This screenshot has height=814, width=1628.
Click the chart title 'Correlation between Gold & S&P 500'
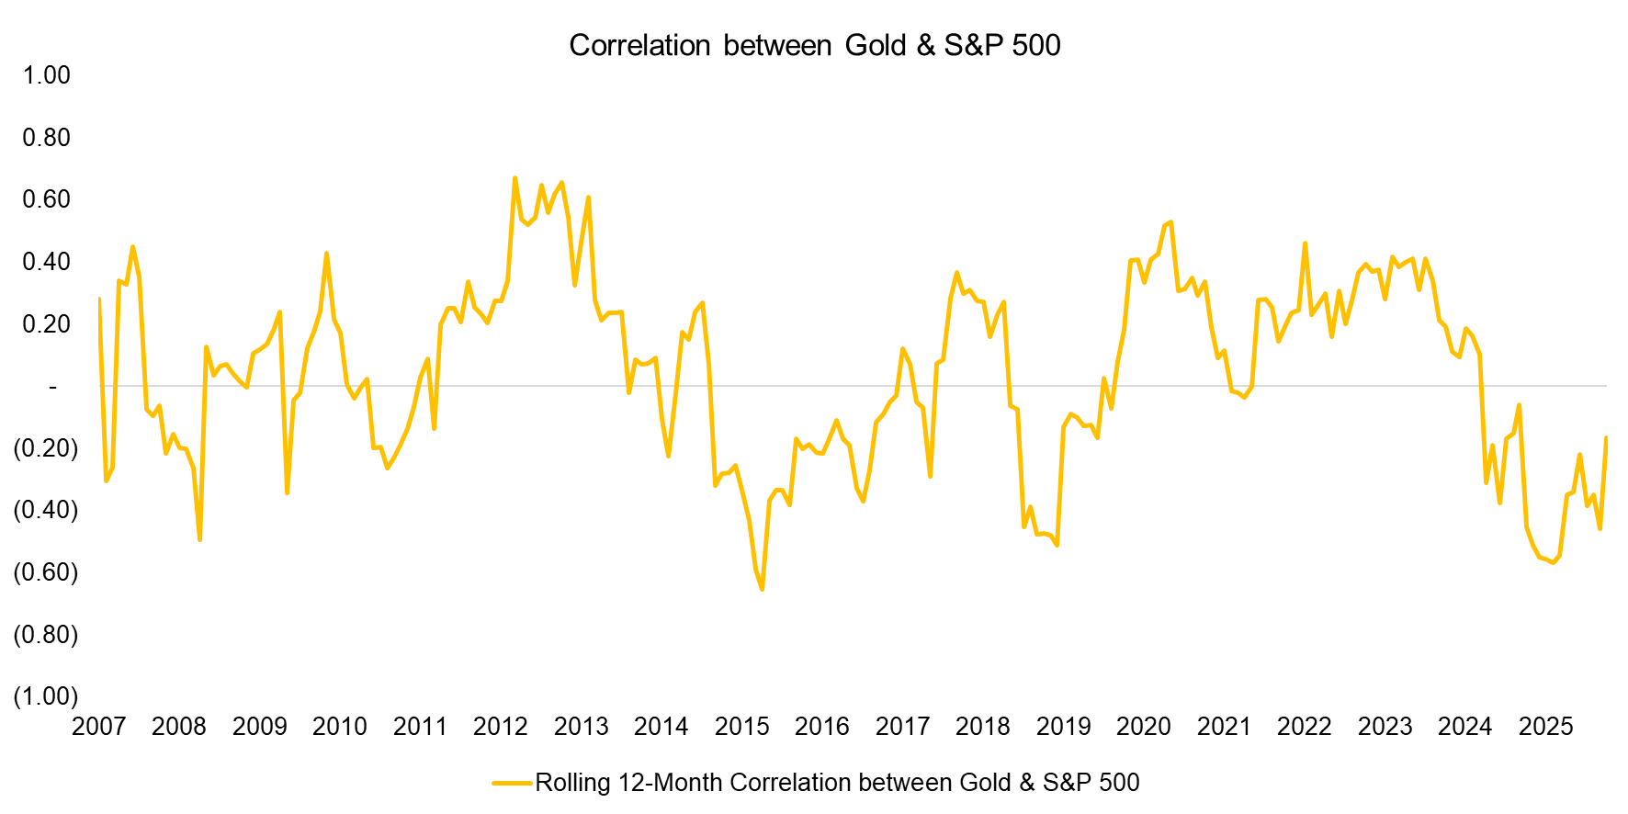pyautogui.click(x=814, y=45)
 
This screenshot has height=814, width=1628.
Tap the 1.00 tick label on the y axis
pyautogui.click(x=46, y=75)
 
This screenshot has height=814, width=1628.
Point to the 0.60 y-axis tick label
pyautogui.click(x=46, y=199)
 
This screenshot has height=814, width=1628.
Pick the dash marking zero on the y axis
pyautogui.click(x=52, y=387)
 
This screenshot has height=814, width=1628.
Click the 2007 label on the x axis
pyautogui.click(x=98, y=727)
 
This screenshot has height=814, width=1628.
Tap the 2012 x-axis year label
pyautogui.click(x=500, y=727)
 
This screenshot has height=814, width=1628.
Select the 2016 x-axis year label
pyautogui.click(x=821, y=727)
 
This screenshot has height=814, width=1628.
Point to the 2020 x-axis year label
pyautogui.click(x=1143, y=727)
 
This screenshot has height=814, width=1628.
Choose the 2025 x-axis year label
pyautogui.click(x=1545, y=727)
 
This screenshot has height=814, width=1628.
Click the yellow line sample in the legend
pyautogui.click(x=512, y=783)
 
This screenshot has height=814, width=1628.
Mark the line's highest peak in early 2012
pyautogui.click(x=514, y=177)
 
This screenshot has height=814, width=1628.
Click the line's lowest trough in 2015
pyautogui.click(x=763, y=589)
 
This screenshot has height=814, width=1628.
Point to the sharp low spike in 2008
pyautogui.click(x=200, y=539)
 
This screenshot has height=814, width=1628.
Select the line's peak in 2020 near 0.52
pyautogui.click(x=1170, y=222)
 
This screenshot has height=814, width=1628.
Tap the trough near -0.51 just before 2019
pyautogui.click(x=1057, y=545)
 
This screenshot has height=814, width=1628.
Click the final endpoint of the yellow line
pyautogui.click(x=1606, y=437)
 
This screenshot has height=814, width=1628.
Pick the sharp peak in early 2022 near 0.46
pyautogui.click(x=1305, y=243)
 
